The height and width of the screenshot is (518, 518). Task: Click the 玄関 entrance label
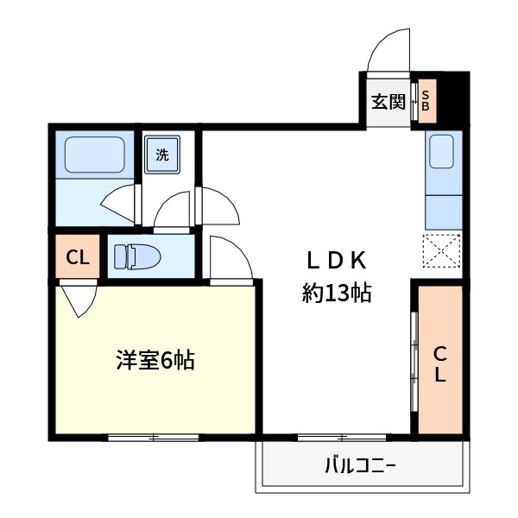click(388, 102)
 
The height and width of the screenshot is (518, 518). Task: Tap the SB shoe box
click(426, 101)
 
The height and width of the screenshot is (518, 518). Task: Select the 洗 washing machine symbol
click(162, 156)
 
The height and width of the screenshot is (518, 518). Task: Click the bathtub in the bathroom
click(94, 156)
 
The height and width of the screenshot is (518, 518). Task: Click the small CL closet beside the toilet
click(77, 257)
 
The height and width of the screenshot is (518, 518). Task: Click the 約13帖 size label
click(337, 293)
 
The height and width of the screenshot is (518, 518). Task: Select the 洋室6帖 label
click(155, 360)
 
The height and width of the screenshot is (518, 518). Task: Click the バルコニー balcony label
click(360, 468)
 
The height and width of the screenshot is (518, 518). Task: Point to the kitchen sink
click(444, 153)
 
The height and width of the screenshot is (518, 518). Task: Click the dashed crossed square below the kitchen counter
click(443, 252)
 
